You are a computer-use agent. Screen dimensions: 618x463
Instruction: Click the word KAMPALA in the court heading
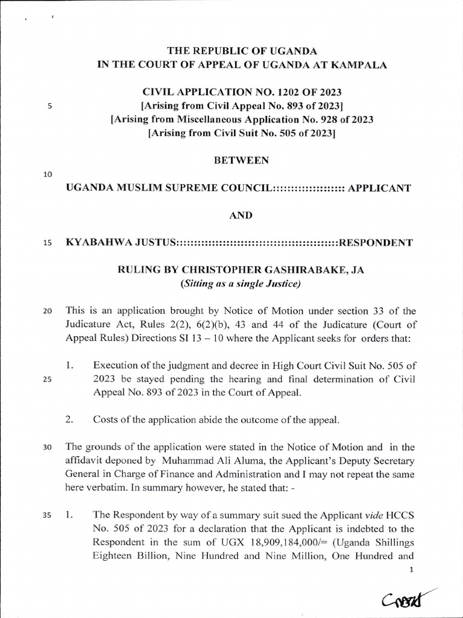pyautogui.click(x=359, y=65)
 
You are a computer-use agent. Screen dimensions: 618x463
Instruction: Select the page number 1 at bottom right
pyautogui.click(x=411, y=569)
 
